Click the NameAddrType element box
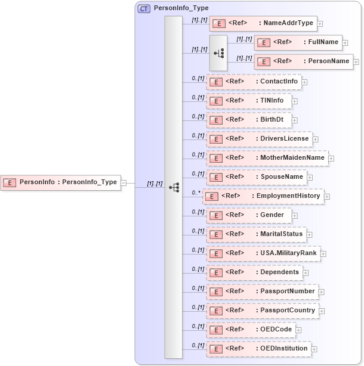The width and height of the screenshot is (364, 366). pyautogui.click(x=263, y=23)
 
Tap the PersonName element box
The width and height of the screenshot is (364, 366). pyautogui.click(x=303, y=61)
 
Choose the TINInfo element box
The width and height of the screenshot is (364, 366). pyautogui.click(x=249, y=101)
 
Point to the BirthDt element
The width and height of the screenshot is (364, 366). pyautogui.click(x=249, y=120)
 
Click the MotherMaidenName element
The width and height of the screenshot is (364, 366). pyautogui.click(x=267, y=158)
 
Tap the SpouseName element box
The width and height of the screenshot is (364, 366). pyautogui.click(x=257, y=177)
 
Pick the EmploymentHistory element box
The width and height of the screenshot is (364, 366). pyautogui.click(x=263, y=196)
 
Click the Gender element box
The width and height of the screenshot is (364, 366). pyautogui.click(x=249, y=215)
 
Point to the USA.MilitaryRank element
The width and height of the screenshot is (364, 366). pyautogui.click(x=263, y=253)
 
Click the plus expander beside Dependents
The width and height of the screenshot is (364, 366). pyautogui.click(x=306, y=273)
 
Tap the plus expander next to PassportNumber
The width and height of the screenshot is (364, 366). pyautogui.click(x=322, y=292)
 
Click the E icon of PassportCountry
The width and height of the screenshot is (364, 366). pyautogui.click(x=217, y=311)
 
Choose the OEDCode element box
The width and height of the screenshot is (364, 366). pyautogui.click(x=251, y=330)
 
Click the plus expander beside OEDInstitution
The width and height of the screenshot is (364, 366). pyautogui.click(x=314, y=349)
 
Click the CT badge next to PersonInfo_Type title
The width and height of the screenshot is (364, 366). pyautogui.click(x=144, y=9)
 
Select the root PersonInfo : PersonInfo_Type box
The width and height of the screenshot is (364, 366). pyautogui.click(x=61, y=182)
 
